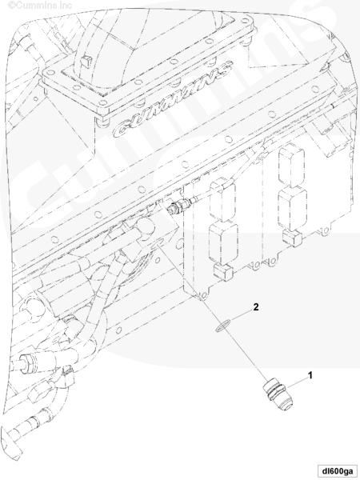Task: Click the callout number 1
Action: tap(310, 375)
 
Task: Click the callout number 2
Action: tap(256, 306)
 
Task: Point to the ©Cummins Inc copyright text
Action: tap(40, 5)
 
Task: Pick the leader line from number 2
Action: tap(242, 315)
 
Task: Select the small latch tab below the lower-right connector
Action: tap(291, 238)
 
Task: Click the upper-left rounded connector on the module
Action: tap(222, 201)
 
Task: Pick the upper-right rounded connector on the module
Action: tap(291, 167)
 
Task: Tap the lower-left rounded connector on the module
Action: tap(223, 244)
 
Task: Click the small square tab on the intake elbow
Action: tap(86, 62)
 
